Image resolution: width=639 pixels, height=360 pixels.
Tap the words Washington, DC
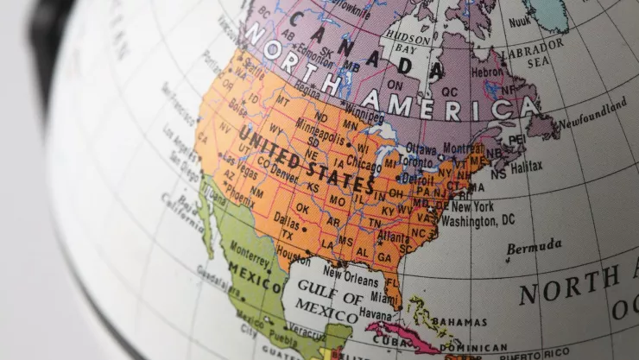(x=478, y=221)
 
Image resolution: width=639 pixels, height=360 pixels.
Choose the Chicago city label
(x=364, y=164)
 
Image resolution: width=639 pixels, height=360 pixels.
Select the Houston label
(x=294, y=257)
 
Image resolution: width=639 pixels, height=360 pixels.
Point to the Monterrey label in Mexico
(x=250, y=256)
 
